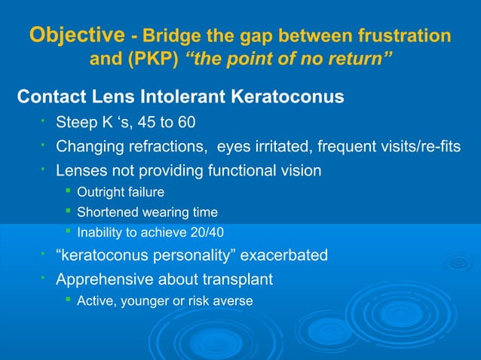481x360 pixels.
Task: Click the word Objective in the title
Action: pyautogui.click(x=76, y=35)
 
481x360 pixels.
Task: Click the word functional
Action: pyautogui.click(x=241, y=171)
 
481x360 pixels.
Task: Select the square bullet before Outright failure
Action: pyautogui.click(x=69, y=193)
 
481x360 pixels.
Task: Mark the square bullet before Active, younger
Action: pyautogui.click(x=69, y=301)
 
